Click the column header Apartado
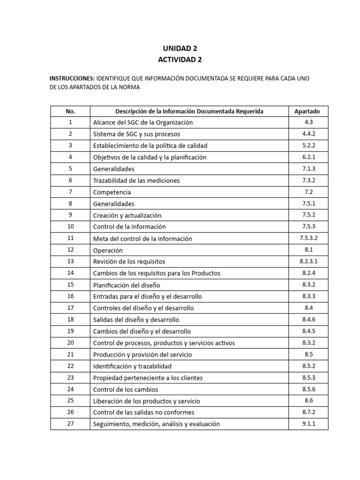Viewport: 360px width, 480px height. (307, 111)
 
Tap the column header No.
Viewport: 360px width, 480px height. (70, 111)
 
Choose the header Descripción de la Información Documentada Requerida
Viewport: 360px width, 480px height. (189, 111)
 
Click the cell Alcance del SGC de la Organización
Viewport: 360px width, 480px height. (143, 122)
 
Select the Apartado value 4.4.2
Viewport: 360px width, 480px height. (307, 134)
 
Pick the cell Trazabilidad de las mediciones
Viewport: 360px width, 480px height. (136, 180)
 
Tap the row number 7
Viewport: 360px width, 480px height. (70, 192)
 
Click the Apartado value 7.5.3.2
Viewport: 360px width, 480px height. (307, 238)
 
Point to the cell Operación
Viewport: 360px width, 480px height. (108, 250)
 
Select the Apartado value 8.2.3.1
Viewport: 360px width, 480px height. (307, 262)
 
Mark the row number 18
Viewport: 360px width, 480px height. (70, 320)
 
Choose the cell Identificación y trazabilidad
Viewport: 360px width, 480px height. (133, 366)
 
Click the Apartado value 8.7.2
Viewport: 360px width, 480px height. (307, 412)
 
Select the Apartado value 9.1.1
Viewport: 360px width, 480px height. (307, 424)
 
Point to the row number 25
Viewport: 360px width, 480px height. (70, 401)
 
